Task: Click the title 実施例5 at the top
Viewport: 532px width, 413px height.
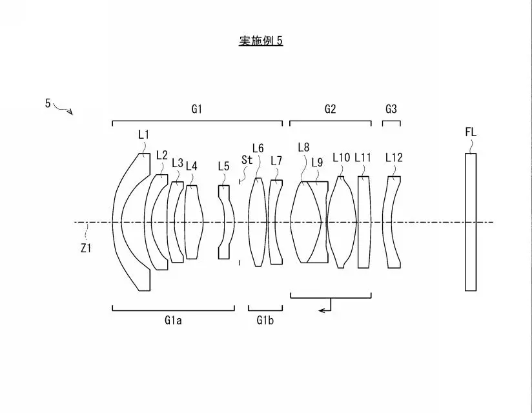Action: point(261,41)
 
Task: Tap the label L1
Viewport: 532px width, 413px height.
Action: point(143,135)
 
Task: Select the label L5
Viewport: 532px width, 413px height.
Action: point(223,166)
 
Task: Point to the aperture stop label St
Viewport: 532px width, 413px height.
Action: point(247,159)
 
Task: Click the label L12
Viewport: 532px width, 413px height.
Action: point(394,157)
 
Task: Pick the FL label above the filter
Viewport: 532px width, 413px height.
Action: point(471,132)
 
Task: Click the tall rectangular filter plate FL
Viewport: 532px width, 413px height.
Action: point(471,222)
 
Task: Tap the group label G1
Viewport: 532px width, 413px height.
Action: point(197,109)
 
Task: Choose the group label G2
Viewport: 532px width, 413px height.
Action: point(330,109)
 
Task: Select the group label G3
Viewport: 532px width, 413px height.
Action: point(391,109)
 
